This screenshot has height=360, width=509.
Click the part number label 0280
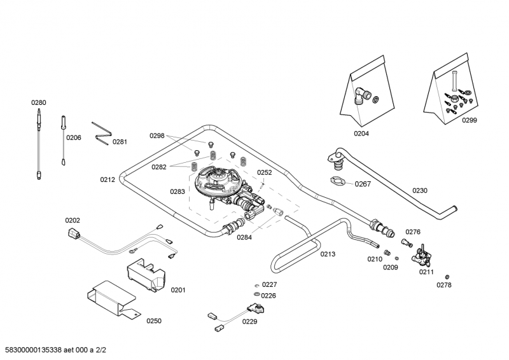coord(39,102)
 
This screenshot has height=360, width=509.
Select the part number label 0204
coord(361,134)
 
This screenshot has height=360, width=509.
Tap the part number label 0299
coord(469,120)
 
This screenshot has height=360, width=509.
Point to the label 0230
coord(420,190)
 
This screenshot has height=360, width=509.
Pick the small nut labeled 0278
coord(447,276)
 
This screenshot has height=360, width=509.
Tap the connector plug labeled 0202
coord(74,234)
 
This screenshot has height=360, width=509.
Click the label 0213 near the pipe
coord(328,254)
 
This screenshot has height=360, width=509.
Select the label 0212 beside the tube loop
coord(108,180)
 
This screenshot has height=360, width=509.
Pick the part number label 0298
coord(157,135)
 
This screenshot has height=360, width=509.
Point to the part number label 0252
coord(264,172)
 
